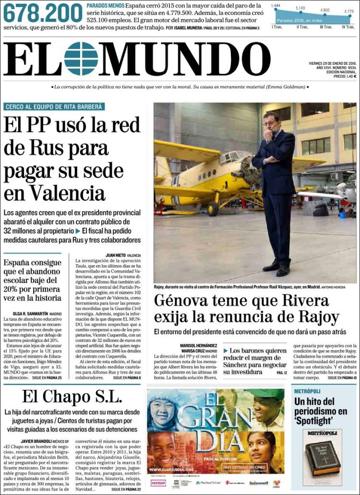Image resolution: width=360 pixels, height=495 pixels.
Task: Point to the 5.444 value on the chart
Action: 276,5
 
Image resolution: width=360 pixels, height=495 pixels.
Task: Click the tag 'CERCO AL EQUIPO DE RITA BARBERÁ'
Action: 54,106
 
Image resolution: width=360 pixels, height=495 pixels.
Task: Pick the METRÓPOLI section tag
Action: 307,391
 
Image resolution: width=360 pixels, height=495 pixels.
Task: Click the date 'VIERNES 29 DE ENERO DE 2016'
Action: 333,63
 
